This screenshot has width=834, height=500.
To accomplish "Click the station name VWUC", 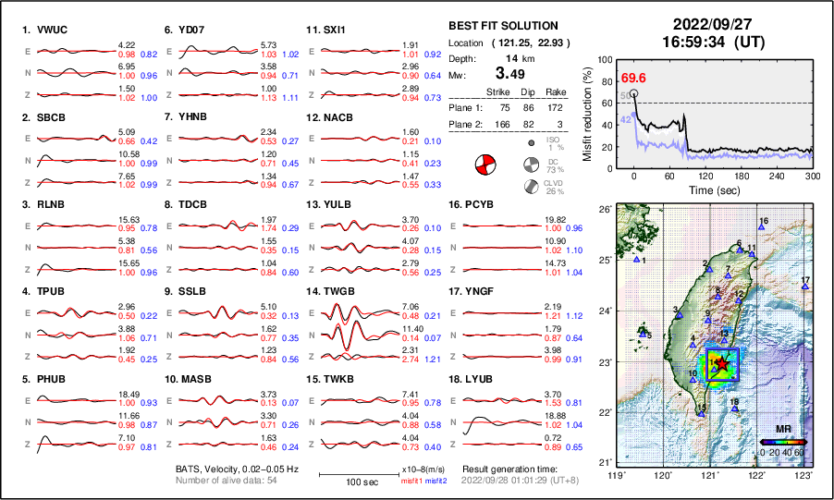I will (x=52, y=30).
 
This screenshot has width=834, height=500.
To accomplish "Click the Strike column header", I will (x=500, y=91).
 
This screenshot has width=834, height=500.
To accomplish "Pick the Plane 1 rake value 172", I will (x=556, y=108).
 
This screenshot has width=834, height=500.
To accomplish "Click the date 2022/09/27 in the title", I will (x=713, y=24).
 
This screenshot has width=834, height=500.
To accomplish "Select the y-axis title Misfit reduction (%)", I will (x=589, y=114).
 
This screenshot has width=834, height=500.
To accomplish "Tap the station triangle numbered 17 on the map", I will (x=805, y=287).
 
